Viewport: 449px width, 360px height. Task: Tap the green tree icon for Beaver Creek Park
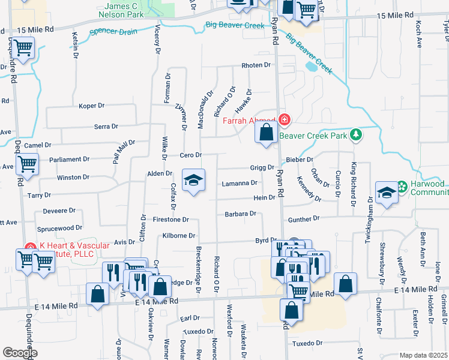(357, 134)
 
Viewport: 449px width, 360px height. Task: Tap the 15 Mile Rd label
(35, 29)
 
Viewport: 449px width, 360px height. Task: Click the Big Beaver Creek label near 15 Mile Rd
(235, 25)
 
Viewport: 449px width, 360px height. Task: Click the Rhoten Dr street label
(256, 65)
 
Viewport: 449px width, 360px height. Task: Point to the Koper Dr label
(92, 106)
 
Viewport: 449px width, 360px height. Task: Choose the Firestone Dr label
(171, 220)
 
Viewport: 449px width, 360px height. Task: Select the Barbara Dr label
(240, 213)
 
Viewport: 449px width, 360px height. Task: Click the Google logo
(19, 353)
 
